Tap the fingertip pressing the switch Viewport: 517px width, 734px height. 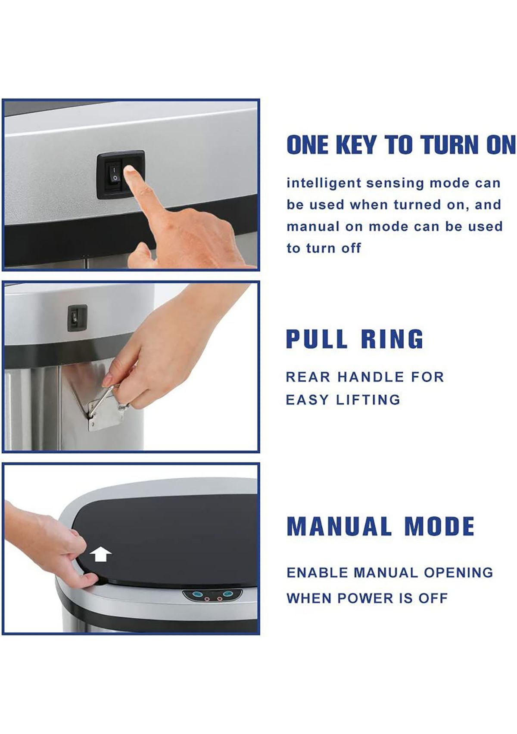[130, 172]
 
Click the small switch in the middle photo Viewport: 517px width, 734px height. [77, 318]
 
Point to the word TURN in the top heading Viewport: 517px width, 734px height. [450, 145]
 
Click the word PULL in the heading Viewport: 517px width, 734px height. [317, 339]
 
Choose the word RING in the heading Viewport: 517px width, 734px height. [392, 339]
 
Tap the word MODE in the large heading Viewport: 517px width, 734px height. [439, 526]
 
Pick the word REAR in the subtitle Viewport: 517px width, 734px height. [308, 377]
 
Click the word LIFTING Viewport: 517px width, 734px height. [368, 400]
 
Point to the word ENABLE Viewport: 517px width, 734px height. [317, 573]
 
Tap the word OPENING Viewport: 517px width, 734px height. [458, 573]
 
